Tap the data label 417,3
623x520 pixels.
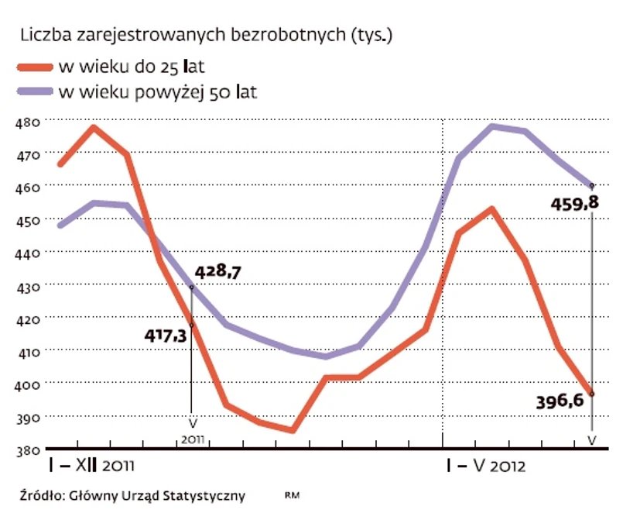166,336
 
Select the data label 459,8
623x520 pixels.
573,204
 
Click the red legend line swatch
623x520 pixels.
35,65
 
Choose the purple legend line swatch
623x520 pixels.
35,92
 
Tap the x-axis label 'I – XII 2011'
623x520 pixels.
92,467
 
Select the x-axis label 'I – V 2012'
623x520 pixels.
486,467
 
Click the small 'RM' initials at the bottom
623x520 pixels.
292,494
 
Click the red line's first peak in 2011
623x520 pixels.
94,126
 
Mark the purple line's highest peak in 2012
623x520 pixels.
492,126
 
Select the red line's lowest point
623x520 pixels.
292,430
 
